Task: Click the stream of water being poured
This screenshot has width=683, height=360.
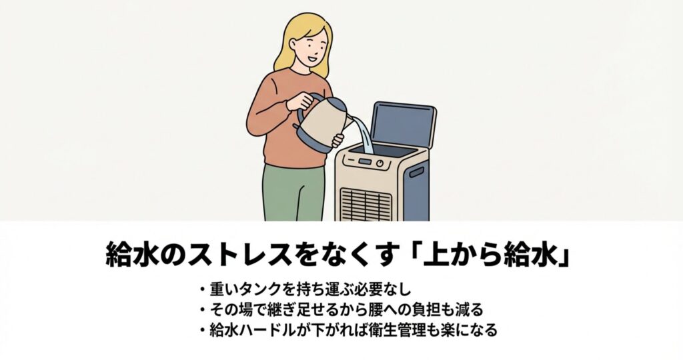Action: pyautogui.click(x=363, y=133)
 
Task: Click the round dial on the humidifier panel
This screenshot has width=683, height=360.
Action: pyautogui.click(x=381, y=162)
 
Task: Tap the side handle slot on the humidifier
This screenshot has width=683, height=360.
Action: pyautogui.click(x=416, y=173)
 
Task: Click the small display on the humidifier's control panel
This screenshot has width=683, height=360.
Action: pyautogui.click(x=364, y=161)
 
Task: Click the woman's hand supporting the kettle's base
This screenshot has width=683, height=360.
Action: pyautogui.click(x=336, y=140)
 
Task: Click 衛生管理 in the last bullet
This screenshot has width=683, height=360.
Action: pyautogui.click(x=392, y=330)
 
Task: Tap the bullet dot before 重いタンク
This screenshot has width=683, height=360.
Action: pyautogui.click(x=201, y=291)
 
